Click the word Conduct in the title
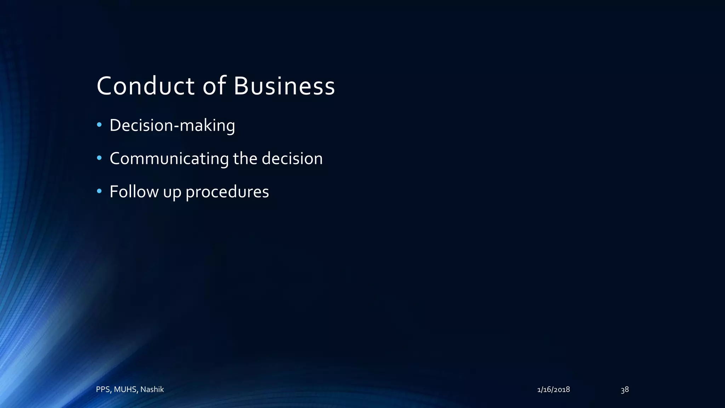145,86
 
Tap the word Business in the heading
284,86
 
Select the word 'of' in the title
214,86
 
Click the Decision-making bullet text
172,125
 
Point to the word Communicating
169,159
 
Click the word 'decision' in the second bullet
292,159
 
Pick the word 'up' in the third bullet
172,193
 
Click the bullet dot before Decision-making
99,125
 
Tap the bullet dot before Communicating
99,158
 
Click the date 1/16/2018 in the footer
553,390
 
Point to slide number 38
625,390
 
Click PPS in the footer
103,390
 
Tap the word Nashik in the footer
152,390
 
